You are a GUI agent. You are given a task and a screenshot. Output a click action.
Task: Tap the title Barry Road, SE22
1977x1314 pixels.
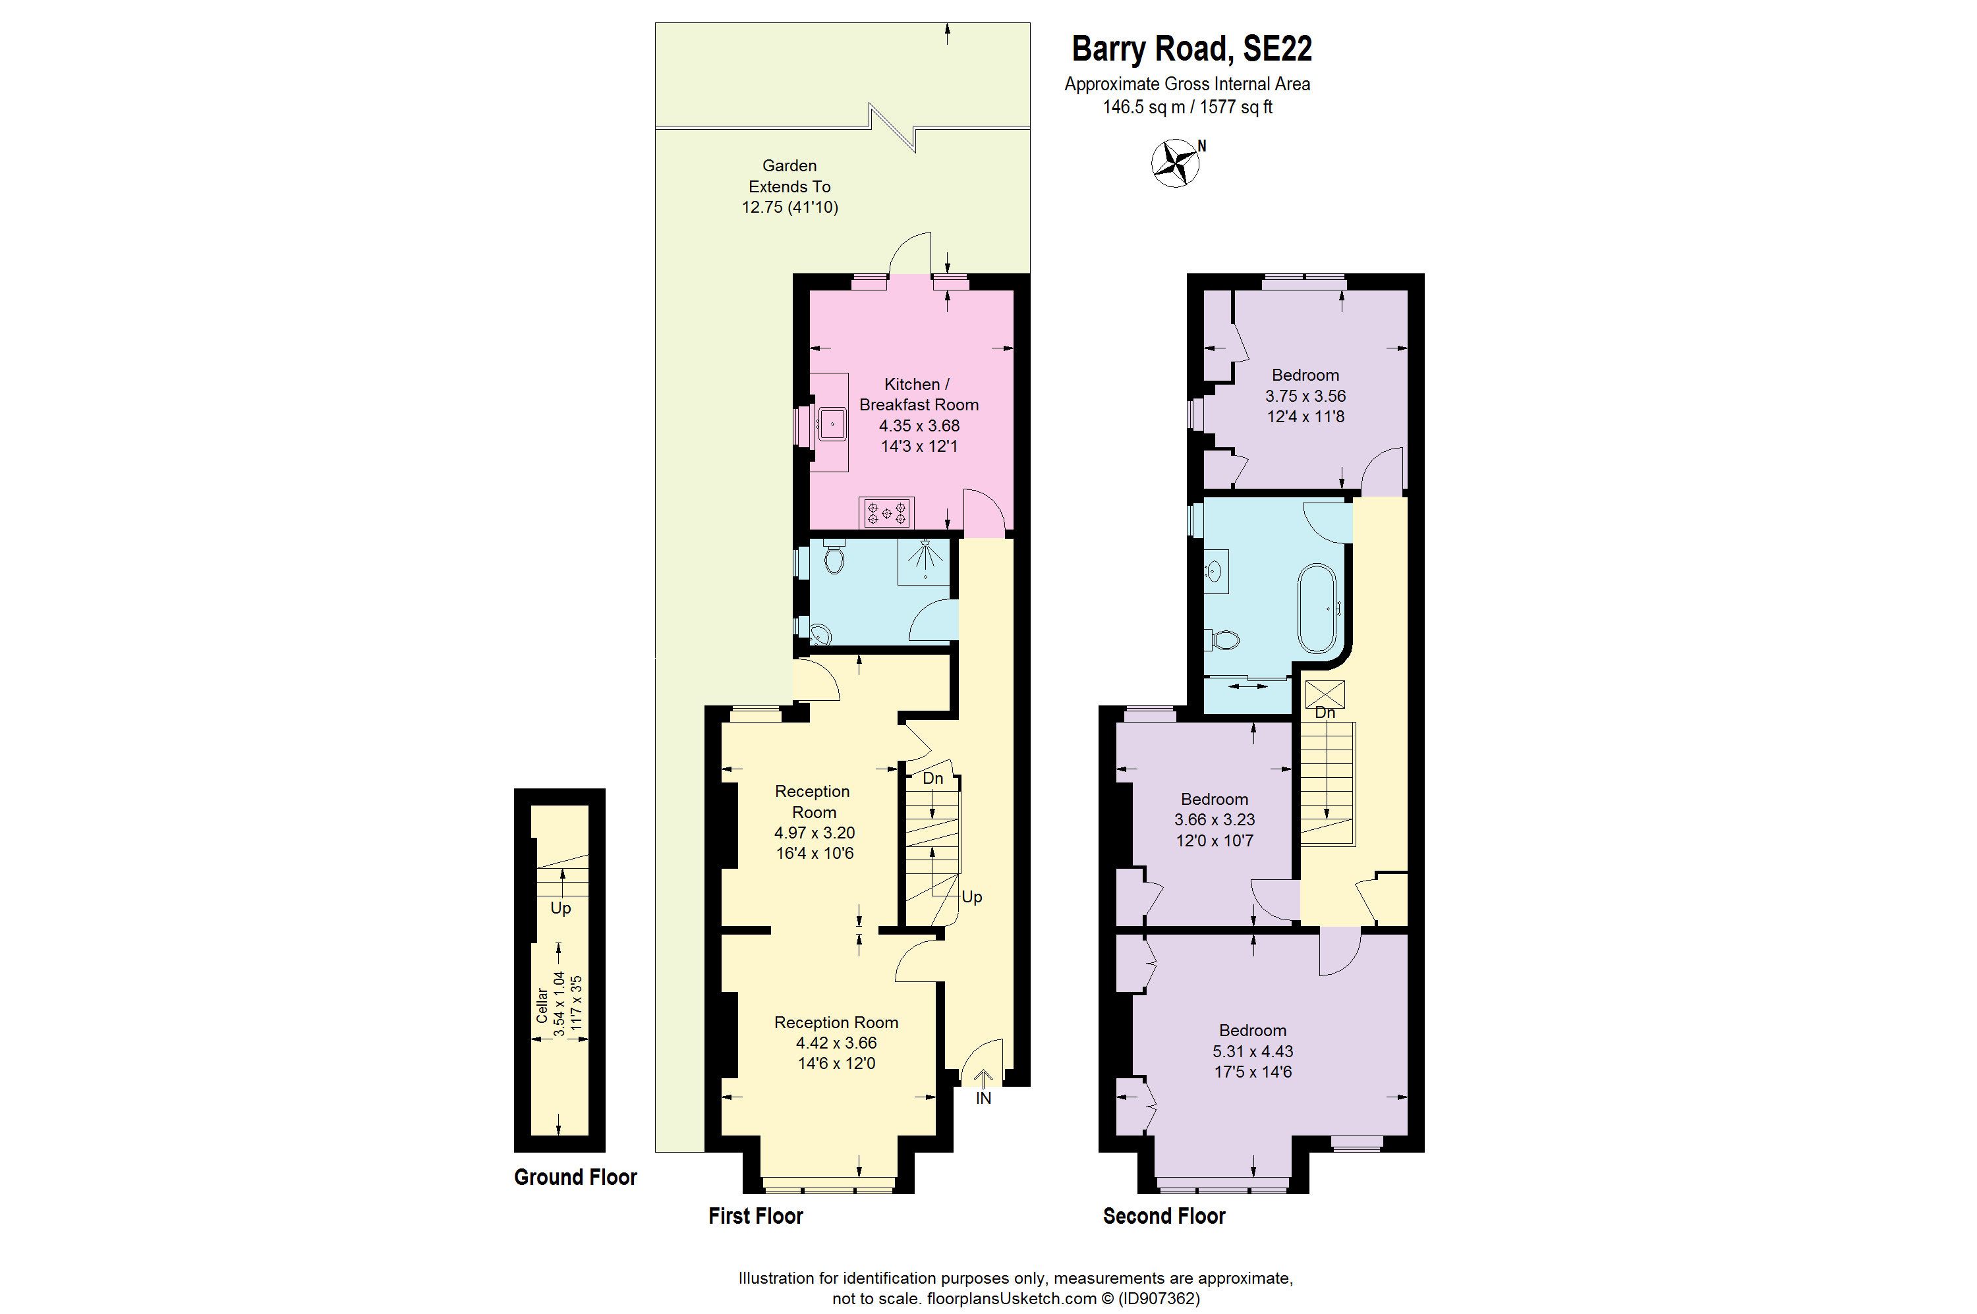1191,49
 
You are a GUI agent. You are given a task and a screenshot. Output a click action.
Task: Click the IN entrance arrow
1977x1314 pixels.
983,1087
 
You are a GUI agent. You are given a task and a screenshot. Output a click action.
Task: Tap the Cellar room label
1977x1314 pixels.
542,1005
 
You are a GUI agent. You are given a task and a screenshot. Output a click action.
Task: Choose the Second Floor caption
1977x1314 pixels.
1164,1216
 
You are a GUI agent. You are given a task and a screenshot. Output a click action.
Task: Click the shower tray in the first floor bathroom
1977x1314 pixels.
924,561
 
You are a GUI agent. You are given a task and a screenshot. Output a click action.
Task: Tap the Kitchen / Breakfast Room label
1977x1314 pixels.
918,395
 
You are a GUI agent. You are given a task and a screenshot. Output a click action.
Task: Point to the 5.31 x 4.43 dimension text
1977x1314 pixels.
1253,1051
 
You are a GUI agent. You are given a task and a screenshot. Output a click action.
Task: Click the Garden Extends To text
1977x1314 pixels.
789,176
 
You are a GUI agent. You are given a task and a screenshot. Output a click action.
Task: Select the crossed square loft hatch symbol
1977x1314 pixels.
1325,694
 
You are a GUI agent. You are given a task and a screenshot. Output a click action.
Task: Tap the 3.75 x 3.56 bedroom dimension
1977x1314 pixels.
1305,396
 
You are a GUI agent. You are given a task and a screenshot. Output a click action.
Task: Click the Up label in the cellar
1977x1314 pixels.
560,908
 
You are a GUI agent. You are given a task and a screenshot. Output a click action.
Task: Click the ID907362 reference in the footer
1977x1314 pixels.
1159,1299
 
